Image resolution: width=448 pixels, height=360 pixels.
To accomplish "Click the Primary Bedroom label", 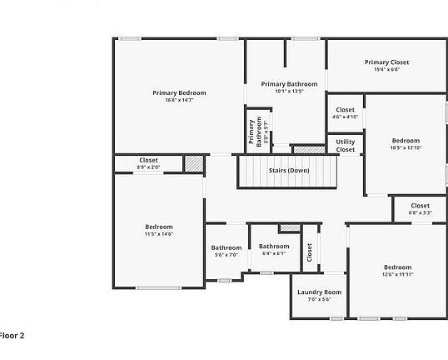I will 179,92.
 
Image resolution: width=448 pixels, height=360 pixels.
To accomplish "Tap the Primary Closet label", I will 387,62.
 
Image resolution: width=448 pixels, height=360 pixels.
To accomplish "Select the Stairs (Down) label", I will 289,171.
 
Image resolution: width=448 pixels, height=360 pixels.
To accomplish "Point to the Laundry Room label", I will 320,292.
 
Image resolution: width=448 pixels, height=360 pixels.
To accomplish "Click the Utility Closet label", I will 346,146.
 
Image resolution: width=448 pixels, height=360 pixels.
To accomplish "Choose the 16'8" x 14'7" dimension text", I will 179,100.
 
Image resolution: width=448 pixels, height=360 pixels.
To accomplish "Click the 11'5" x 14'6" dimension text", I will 158,234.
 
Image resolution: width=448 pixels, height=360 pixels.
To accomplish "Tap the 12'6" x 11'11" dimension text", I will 397,274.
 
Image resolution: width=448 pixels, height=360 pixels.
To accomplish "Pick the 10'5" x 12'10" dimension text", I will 406,147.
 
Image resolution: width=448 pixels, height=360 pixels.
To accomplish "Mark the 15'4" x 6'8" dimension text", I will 387,70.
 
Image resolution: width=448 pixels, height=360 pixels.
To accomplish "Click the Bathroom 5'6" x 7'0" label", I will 226,247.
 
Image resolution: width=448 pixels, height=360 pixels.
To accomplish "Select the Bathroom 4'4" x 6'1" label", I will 274,247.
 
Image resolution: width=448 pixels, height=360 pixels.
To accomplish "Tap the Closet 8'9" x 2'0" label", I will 148,160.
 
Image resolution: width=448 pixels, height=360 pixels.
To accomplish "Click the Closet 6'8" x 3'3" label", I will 420,205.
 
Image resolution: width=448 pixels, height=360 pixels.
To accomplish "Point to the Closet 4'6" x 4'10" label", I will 345,110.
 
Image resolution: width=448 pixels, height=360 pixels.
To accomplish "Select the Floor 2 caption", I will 12,336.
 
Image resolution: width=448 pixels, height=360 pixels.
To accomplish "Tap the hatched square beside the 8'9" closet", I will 193,163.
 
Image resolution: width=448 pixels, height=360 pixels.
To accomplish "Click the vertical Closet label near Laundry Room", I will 310,252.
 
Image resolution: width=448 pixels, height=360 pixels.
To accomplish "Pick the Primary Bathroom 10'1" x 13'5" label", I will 289,84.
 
